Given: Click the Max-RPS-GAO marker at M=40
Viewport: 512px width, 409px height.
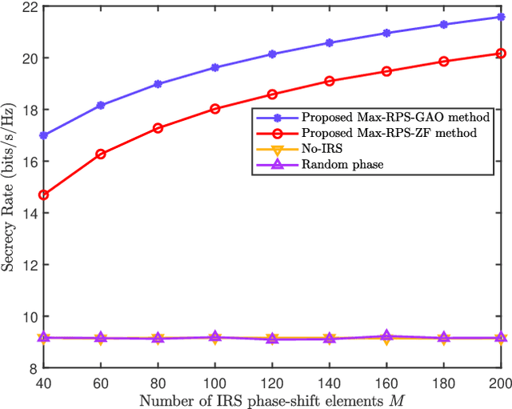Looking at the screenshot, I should [x=43, y=135].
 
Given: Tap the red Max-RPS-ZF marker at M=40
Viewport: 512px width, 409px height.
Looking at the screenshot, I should [x=43, y=194].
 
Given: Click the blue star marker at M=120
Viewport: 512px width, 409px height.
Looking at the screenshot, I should [x=272, y=54].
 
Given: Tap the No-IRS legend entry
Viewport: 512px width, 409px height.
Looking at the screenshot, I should [x=321, y=149].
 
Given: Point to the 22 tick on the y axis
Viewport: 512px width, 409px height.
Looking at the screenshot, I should [x=26, y=6].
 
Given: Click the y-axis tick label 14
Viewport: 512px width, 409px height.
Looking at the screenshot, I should [x=26, y=213].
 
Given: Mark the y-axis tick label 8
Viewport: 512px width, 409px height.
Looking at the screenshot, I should [x=30, y=368].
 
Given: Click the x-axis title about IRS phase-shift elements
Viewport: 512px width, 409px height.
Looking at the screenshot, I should [x=272, y=399].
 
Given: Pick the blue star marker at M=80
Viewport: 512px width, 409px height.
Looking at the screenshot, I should [x=158, y=83].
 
